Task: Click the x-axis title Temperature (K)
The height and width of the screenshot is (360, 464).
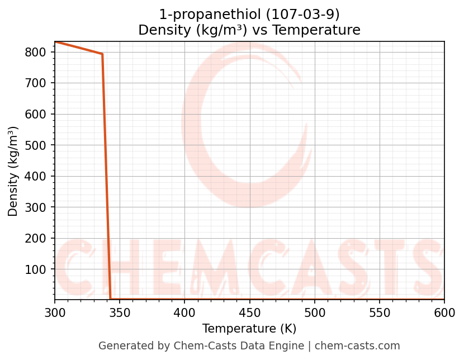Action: [249, 329]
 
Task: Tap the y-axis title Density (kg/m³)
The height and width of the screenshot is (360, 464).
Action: [13, 171]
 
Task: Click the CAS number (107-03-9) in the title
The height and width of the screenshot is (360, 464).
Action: [304, 14]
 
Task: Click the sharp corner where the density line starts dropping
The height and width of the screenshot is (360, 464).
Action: [102, 54]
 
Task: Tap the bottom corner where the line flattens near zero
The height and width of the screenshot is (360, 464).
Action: [111, 299]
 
